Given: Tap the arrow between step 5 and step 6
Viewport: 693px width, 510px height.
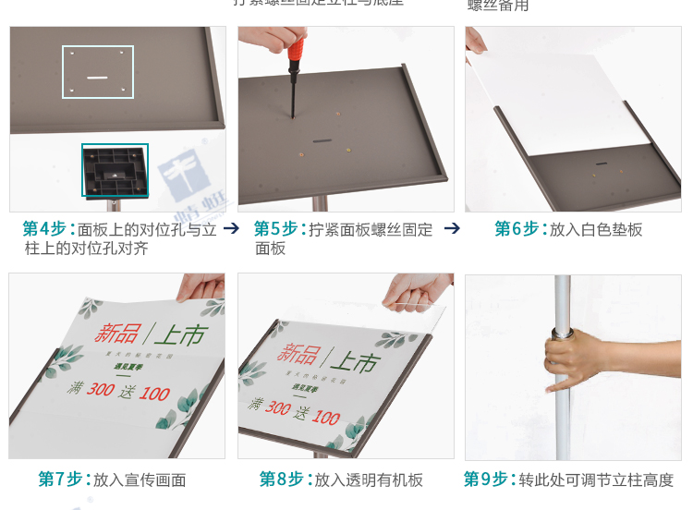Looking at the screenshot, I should coord(452,228).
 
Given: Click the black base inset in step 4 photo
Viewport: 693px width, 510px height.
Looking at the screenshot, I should coord(115,170).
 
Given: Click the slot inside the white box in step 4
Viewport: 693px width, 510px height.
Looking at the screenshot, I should coord(98,78).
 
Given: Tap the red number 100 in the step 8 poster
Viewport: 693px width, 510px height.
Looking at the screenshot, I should coord(325,418).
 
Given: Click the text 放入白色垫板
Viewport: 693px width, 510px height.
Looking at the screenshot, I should coord(596,229).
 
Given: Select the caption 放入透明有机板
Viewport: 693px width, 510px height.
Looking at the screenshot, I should coord(368,480).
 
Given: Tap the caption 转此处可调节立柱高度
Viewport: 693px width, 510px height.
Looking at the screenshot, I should coord(595,480).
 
